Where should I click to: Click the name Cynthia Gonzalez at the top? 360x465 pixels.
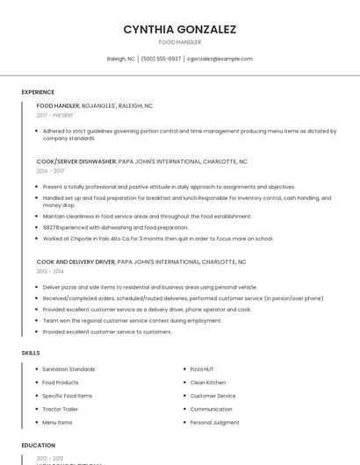pos(179,29)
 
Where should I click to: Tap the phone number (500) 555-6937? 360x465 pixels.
pos(161,59)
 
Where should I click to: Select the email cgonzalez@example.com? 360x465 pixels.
pos(220,59)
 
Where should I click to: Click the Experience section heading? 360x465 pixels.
pos(38,92)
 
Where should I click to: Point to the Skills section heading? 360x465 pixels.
pos(31,353)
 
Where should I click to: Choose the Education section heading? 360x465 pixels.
pos(39,446)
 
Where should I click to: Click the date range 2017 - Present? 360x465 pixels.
pos(54,115)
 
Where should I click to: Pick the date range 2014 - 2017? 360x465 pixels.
pos(50,171)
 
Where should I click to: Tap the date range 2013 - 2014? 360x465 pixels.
pos(50,271)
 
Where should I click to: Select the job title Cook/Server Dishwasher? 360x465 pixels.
pos(76,161)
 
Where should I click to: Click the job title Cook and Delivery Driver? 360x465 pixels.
pos(76,261)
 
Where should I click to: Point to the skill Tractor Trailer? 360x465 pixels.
pos(60,409)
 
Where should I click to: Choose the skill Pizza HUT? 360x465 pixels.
pos(201,369)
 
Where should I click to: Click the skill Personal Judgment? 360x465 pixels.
pos(214,423)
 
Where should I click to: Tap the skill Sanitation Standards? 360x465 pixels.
pos(68,369)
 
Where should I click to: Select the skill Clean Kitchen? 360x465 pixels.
pos(208,383)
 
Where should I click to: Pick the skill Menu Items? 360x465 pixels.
pos(57,423)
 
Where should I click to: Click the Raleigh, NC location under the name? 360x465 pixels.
pos(121,59)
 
